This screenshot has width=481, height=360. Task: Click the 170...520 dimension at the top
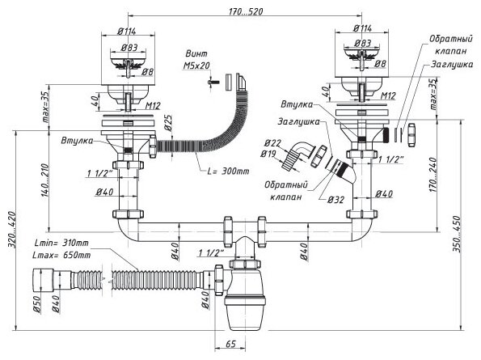pyautogui.click(x=246, y=11)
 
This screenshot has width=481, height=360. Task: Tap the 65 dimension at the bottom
pyautogui.click(x=230, y=344)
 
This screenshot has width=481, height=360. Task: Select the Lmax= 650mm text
pyautogui.click(x=62, y=255)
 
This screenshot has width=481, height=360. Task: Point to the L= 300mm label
pyautogui.click(x=229, y=171)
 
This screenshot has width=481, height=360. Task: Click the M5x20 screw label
pyautogui.click(x=196, y=66)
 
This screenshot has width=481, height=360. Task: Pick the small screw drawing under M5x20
pyautogui.click(x=213, y=82)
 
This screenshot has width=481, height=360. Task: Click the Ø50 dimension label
pyautogui.click(x=36, y=304)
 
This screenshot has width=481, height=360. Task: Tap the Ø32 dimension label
pyautogui.click(x=335, y=200)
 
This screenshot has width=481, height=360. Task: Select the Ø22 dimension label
pyautogui.click(x=272, y=143)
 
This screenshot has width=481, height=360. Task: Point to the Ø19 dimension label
pyautogui.click(x=268, y=154)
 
